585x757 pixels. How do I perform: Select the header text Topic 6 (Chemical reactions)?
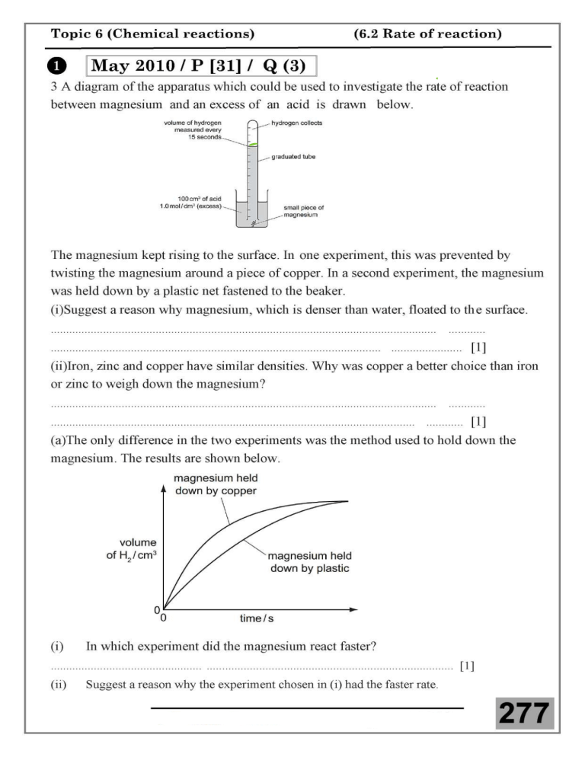point(152,34)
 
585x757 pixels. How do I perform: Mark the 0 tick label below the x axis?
point(165,619)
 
